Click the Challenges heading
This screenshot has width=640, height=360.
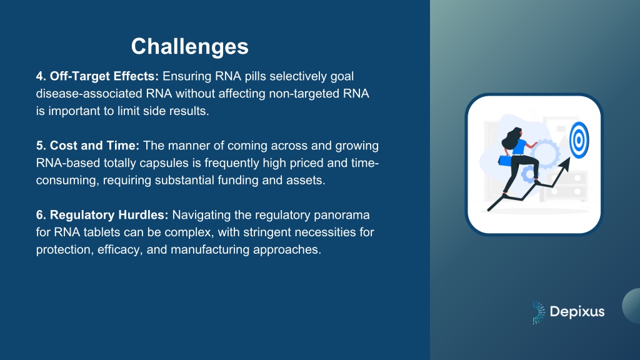(190, 46)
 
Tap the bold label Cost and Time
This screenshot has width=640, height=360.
(94, 146)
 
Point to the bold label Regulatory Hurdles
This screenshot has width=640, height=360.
(109, 215)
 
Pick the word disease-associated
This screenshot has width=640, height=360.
(89, 94)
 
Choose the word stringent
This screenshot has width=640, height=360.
(267, 232)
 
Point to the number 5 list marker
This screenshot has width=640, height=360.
(41, 146)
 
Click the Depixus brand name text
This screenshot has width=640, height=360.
(577, 312)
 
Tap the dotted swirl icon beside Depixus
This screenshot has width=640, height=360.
(538, 312)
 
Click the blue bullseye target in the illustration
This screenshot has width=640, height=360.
(579, 141)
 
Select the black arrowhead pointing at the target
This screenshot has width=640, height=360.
(565, 164)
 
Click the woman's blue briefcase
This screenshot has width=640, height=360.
(505, 160)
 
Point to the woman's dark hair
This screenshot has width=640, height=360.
(511, 138)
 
